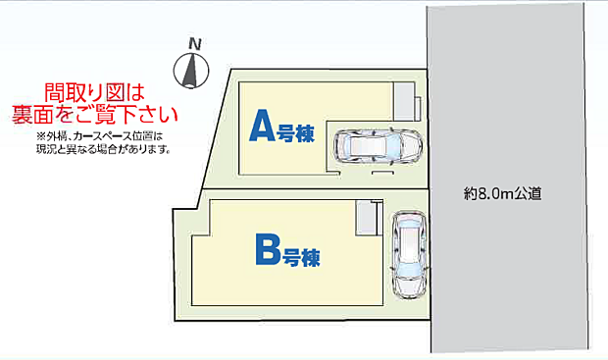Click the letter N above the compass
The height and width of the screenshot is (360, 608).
point(195,44)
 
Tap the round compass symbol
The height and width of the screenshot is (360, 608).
point(193,71)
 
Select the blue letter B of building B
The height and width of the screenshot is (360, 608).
point(268,252)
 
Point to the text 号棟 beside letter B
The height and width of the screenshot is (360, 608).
point(303,258)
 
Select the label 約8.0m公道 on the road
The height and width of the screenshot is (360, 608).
point(502,194)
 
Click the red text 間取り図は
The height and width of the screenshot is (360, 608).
point(94,93)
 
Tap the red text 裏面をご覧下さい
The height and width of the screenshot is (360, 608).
point(94,114)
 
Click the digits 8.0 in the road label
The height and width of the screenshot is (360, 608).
point(488,194)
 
